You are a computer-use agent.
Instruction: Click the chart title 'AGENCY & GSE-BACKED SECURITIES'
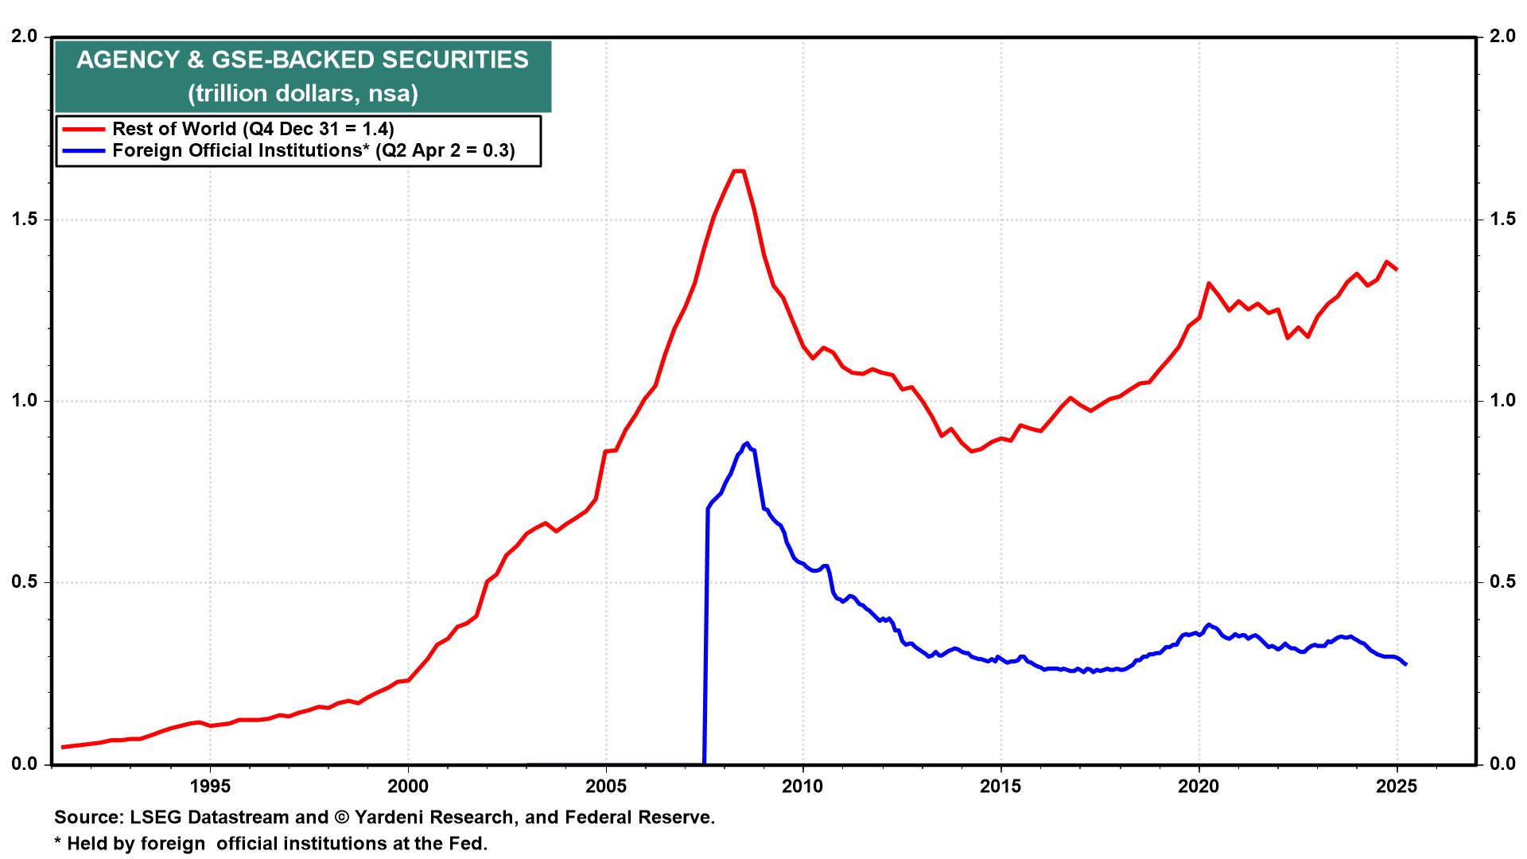coord(302,60)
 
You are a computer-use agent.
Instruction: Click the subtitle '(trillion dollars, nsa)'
coord(303,93)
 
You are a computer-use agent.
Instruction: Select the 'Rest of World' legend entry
coord(228,129)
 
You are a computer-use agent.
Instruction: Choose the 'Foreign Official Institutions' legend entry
coord(289,150)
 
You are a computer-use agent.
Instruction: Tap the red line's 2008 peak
coord(738,171)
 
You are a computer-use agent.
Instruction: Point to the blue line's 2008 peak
coord(746,444)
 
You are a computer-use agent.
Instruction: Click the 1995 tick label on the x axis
coord(210,787)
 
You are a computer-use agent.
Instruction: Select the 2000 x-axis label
coord(408,787)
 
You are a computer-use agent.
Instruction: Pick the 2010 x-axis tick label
coord(803,787)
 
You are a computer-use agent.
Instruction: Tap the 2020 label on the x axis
coord(1199,787)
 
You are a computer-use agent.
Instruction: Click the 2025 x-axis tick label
coord(1397,787)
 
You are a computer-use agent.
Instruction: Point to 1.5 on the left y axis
coord(25,219)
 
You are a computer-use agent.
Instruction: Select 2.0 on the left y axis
coord(25,36)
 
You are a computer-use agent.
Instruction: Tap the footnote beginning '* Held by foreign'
coord(271,843)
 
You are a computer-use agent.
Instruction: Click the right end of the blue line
coord(1406,664)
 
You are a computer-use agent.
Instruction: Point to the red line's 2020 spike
coord(1209,283)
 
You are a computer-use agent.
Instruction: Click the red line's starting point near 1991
coord(63,747)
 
